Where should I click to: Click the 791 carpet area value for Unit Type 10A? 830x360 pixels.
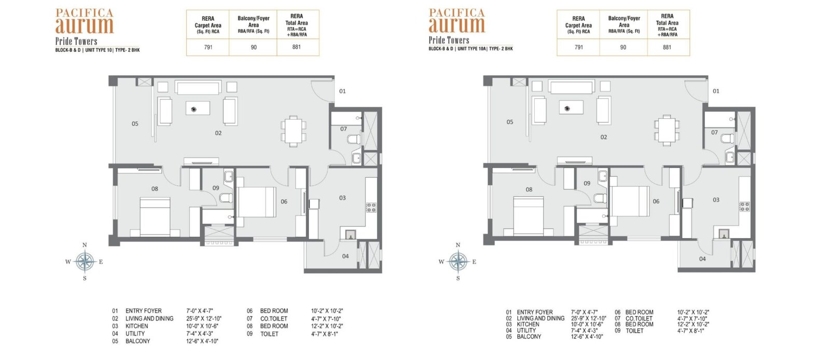click(578, 47)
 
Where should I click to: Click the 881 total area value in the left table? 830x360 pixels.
click(296, 47)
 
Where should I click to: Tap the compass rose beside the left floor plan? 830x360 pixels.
click(85, 261)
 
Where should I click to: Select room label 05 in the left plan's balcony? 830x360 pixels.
click(135, 123)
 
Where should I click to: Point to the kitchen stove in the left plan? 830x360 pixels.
click(371, 207)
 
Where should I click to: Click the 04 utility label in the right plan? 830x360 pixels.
click(702, 259)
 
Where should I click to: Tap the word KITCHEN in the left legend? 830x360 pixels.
click(137, 326)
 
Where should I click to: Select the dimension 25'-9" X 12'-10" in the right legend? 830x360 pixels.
click(588, 318)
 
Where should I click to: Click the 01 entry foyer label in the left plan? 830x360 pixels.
click(342, 91)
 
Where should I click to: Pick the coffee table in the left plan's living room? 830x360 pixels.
click(198, 108)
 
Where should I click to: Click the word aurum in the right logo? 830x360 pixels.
click(457, 25)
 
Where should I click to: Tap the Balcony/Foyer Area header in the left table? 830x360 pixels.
click(254, 24)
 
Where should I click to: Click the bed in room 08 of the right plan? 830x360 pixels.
click(529, 216)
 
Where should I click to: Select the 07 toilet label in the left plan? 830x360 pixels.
click(343, 129)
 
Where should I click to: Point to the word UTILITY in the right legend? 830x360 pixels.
click(526, 330)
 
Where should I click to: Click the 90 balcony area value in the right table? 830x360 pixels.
click(623, 47)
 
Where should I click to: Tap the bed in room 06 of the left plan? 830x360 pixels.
click(257, 202)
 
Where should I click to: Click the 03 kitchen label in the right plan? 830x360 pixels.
click(716, 200)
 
